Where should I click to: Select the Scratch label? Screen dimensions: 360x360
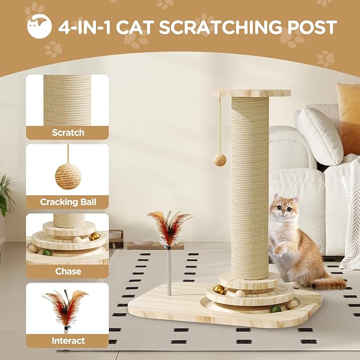coord(67,133)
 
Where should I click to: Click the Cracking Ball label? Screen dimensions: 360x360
coord(67,202)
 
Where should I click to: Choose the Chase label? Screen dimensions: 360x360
coord(67,271)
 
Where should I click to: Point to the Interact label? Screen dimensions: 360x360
coord(67,340)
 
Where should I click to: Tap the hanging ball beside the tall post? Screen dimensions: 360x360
coord(219,160)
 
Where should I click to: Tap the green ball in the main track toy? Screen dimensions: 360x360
coord(275,308)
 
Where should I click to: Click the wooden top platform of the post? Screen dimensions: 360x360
coord(251,93)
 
